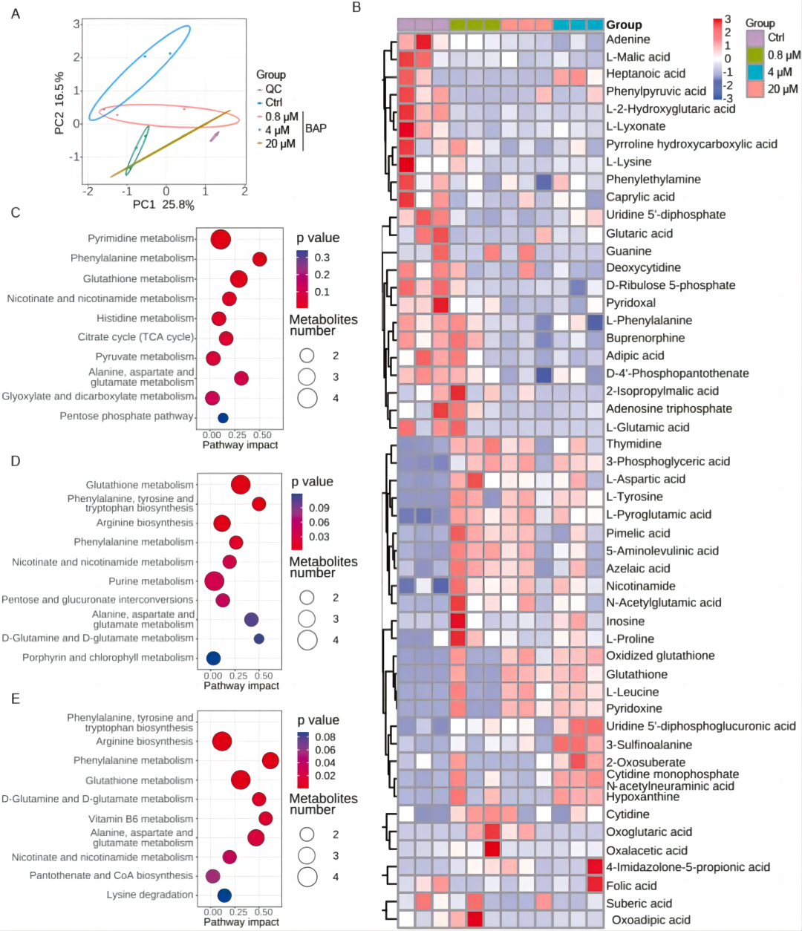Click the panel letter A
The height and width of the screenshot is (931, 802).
pos(16,13)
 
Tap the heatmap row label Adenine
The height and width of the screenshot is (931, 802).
pos(627,39)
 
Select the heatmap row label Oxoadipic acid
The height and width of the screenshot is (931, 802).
pos(651,920)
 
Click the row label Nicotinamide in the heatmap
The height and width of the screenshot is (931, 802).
pos(640,586)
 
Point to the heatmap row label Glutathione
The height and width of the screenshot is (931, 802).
pos(636,674)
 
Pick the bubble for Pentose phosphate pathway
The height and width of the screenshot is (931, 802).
pos(223,418)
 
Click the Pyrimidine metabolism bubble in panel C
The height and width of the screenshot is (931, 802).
pos(221,240)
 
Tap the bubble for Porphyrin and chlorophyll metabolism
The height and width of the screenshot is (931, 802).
pos(213,658)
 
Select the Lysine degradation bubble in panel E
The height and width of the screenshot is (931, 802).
pos(224,895)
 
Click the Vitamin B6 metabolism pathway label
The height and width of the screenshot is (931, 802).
pos(140,819)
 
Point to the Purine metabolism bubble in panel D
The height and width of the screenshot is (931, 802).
pos(215,581)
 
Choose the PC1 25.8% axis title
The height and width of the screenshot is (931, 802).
pos(163,205)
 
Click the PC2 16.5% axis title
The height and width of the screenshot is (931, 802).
pos(59,103)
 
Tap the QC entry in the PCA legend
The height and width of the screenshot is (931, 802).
pos(273,89)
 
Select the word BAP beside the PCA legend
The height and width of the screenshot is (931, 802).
pos(316,128)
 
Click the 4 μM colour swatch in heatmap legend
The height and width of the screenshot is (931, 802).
pos(755,72)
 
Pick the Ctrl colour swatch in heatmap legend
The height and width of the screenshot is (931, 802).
pos(755,38)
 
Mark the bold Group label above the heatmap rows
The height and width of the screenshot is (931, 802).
pos(624,24)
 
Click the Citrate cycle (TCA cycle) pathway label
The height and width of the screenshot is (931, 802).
pos(135,337)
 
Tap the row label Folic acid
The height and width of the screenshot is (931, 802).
pos(631,886)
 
